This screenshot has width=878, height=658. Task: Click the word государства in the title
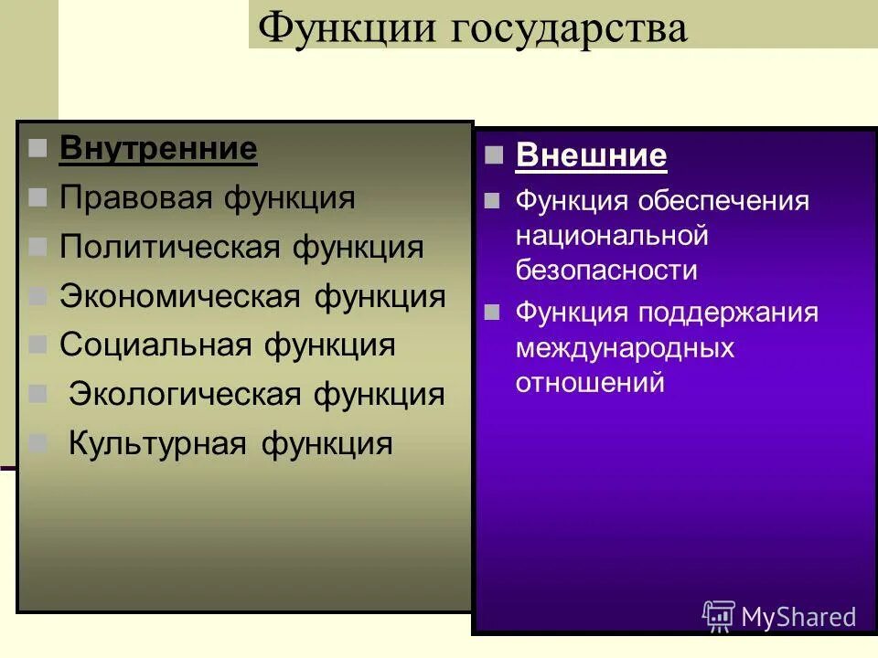pyautogui.click(x=567, y=29)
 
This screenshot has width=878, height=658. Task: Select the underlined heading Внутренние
pyautogui.click(x=158, y=149)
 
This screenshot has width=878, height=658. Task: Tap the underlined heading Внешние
pyautogui.click(x=591, y=155)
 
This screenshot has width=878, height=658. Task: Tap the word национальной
pyautogui.click(x=612, y=236)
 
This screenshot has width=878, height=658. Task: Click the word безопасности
pyautogui.click(x=606, y=271)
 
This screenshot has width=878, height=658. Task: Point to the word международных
pyautogui.click(x=625, y=348)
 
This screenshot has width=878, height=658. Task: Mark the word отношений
pyautogui.click(x=590, y=383)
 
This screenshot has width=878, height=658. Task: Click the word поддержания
pyautogui.click(x=728, y=313)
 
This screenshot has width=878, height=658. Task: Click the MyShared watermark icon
pyautogui.click(x=719, y=615)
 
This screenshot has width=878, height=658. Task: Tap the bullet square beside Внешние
pyautogui.click(x=494, y=154)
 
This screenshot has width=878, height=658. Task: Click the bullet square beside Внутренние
pyautogui.click(x=37, y=149)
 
